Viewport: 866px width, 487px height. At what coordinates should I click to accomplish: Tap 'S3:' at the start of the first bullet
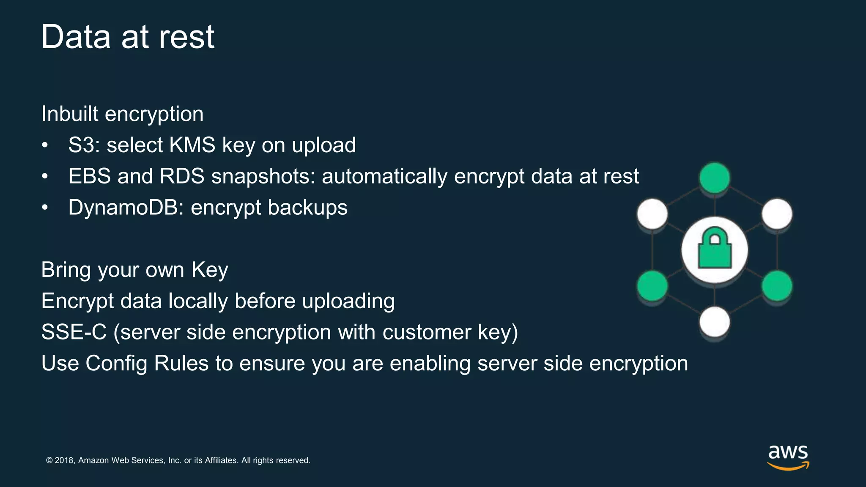click(x=84, y=145)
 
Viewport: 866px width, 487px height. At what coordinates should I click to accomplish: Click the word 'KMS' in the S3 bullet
click(x=192, y=145)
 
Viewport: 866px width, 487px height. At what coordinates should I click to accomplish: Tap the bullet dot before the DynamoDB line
click(x=45, y=208)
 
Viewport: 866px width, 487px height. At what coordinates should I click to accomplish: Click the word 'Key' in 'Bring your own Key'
click(x=210, y=270)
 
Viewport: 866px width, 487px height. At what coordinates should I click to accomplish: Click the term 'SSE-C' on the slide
click(x=74, y=332)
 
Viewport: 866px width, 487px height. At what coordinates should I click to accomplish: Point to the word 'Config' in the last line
click(x=116, y=364)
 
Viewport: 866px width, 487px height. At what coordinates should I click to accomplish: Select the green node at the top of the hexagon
click(x=715, y=178)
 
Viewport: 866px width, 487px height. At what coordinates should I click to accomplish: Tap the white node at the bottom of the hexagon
click(x=715, y=322)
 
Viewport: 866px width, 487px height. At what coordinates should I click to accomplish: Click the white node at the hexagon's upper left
click(x=652, y=214)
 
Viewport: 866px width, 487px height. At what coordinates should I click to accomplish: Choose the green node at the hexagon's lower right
click(x=777, y=286)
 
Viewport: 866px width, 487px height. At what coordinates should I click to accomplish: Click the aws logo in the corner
click(x=788, y=457)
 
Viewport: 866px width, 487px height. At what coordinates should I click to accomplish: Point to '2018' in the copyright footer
click(x=65, y=460)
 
